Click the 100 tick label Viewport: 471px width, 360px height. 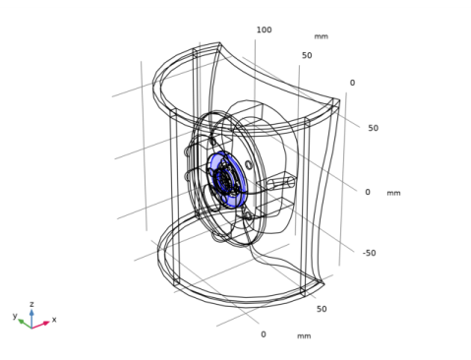pos(264,30)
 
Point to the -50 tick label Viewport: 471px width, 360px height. pos(369,253)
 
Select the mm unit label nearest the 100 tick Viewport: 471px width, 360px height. pos(322,36)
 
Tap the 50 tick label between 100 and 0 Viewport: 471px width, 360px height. pos(307,55)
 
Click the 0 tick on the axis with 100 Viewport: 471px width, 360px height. pos(352,83)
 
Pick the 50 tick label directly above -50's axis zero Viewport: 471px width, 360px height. pos(373,128)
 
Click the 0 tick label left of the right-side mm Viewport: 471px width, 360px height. pos(368,192)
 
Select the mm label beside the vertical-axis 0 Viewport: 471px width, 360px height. pos(393,193)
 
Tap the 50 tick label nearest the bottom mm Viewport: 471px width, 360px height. pos(322,309)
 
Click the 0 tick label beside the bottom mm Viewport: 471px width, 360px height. pos(264,334)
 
